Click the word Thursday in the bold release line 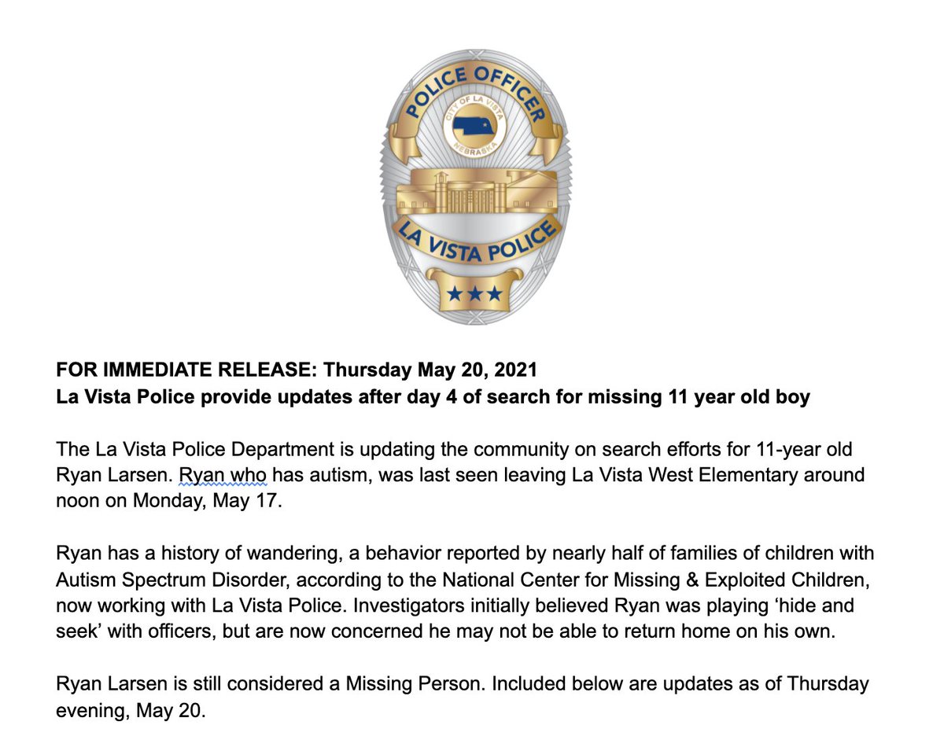coord(360,369)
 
